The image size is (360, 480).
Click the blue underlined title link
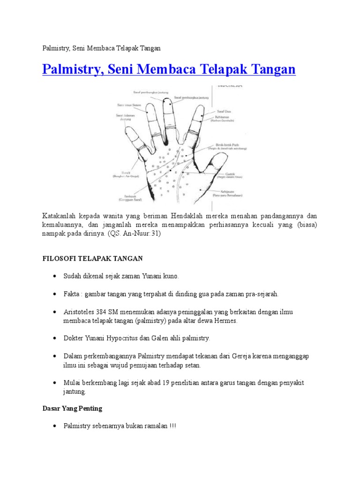(169, 70)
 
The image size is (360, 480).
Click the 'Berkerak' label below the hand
(124, 197)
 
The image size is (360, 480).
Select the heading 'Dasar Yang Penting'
(72, 408)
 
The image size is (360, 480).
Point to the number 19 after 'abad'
(165, 383)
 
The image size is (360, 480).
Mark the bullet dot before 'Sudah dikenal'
(55, 277)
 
